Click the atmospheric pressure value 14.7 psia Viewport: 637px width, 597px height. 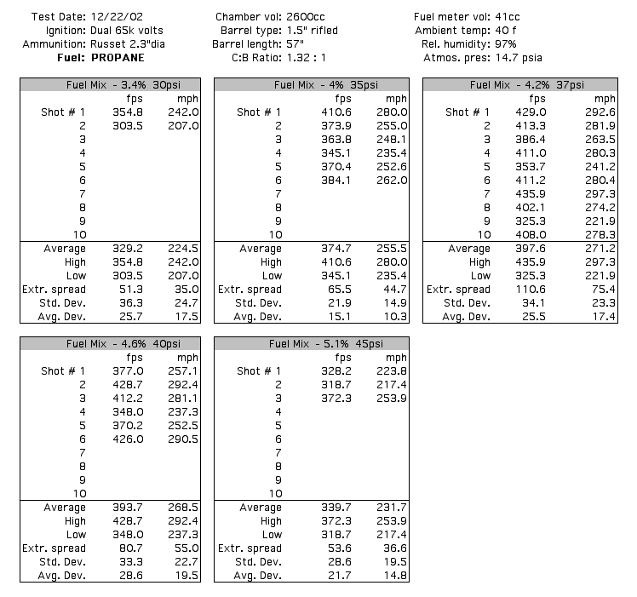(514, 58)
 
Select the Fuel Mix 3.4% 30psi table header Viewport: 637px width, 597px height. (111, 85)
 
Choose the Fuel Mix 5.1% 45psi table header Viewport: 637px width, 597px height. (312, 344)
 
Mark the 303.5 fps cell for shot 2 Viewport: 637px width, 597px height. (127, 126)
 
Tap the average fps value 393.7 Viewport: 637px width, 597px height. (127, 508)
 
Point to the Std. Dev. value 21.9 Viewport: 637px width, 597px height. (331, 303)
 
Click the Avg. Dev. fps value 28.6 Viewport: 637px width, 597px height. (127, 576)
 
